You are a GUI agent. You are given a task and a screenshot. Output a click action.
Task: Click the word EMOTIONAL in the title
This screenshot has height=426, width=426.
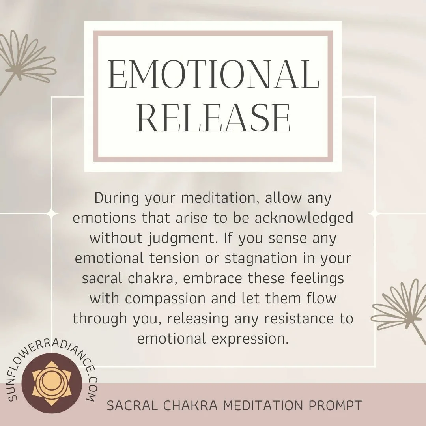(x=213, y=75)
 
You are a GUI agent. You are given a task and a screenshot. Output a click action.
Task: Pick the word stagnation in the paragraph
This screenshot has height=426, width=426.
(x=268, y=258)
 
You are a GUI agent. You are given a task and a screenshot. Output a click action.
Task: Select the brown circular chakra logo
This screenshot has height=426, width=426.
(x=52, y=383)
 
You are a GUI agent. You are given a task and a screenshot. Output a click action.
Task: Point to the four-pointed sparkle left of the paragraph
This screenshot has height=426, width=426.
(x=52, y=213)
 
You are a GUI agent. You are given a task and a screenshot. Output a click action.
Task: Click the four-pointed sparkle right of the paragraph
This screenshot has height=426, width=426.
(x=374, y=213)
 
